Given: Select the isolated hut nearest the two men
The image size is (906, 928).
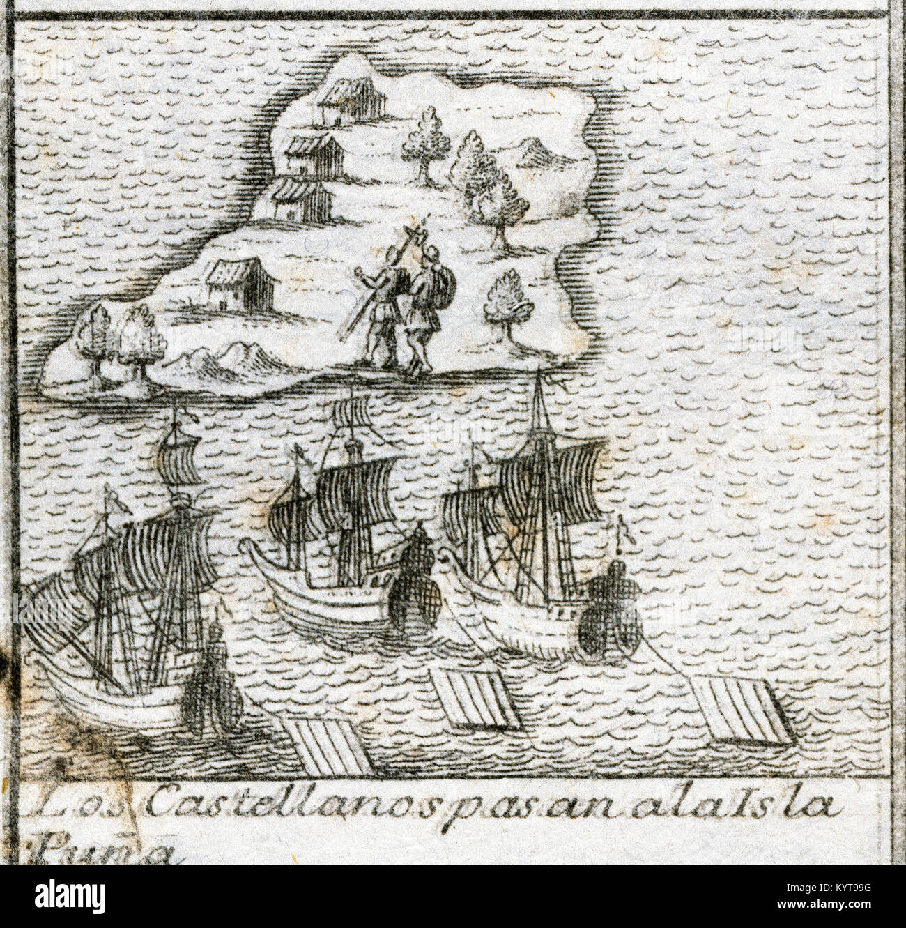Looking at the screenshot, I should click(x=238, y=284).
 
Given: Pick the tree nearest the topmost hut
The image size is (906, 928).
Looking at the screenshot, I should click(x=424, y=139).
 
